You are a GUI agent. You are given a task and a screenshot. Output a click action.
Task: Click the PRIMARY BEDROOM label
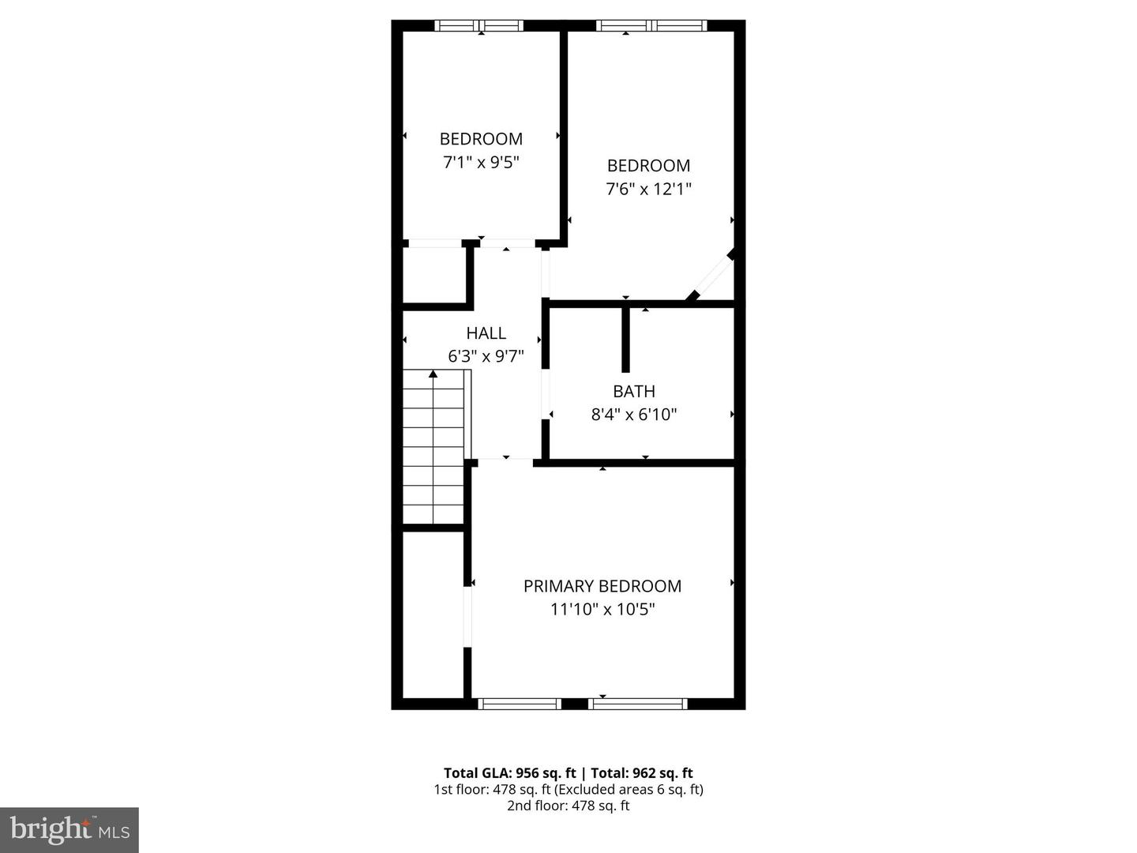point(602,586)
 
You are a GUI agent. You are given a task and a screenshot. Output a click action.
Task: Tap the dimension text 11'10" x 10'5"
point(602,610)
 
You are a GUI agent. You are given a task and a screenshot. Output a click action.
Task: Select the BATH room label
point(634,391)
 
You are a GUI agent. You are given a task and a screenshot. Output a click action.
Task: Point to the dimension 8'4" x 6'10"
point(634,415)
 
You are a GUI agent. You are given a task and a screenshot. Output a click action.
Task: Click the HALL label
point(486,333)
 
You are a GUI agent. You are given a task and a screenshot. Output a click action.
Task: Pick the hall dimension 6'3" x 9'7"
point(486,356)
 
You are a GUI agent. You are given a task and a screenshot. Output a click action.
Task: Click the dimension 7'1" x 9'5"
point(481,163)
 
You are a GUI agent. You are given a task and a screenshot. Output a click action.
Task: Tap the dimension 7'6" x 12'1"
point(648,190)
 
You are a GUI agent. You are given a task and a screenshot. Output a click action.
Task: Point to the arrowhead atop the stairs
point(433,374)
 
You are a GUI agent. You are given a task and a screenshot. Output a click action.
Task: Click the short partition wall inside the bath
point(625,340)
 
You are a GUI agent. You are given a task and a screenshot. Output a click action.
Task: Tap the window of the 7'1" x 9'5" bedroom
point(479,26)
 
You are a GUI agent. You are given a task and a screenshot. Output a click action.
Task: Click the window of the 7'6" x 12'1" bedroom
point(651,26)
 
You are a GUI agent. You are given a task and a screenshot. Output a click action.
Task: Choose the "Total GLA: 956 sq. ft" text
point(511,773)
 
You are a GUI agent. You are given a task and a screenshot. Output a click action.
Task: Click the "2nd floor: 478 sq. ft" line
point(568,806)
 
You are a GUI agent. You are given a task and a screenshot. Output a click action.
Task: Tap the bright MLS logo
point(69,829)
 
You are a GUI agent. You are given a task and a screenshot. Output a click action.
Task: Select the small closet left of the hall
point(433,275)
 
